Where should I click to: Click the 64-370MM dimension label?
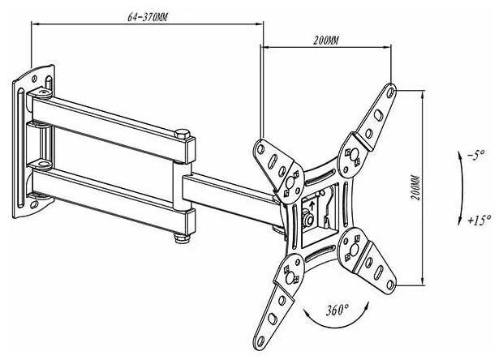click(148, 17)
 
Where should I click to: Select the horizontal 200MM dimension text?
click(325, 41)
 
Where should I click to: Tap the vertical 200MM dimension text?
click(415, 188)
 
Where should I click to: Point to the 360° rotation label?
click(337, 310)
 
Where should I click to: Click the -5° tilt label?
click(476, 156)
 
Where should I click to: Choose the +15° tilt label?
click(479, 221)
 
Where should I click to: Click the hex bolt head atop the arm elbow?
click(183, 133)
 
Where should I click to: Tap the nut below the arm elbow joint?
click(183, 238)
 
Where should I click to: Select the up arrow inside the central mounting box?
click(312, 206)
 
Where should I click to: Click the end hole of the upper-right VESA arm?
click(390, 92)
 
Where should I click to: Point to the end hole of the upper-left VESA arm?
click(260, 149)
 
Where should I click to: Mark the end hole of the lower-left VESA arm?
click(260, 342)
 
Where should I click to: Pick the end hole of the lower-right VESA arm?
click(390, 285)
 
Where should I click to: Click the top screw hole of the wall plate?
click(34, 78)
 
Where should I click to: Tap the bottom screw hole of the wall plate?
click(34, 204)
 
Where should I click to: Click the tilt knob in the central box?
click(307, 219)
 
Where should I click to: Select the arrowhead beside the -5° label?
click(460, 155)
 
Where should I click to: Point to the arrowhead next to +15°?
click(460, 221)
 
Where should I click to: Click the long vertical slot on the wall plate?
click(20, 148)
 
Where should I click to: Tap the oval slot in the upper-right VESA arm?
click(379, 114)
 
